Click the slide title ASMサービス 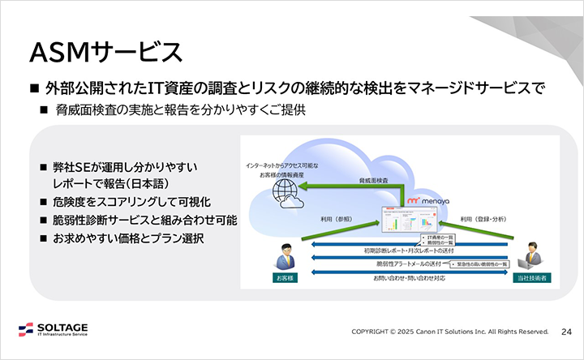point(105,51)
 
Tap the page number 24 point(567,332)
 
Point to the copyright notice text point(450,332)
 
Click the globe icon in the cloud point(285,192)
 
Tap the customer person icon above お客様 point(284,256)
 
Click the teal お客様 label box point(284,278)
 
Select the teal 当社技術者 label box point(532,278)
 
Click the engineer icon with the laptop point(531,255)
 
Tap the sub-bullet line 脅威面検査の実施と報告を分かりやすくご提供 point(180,109)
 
